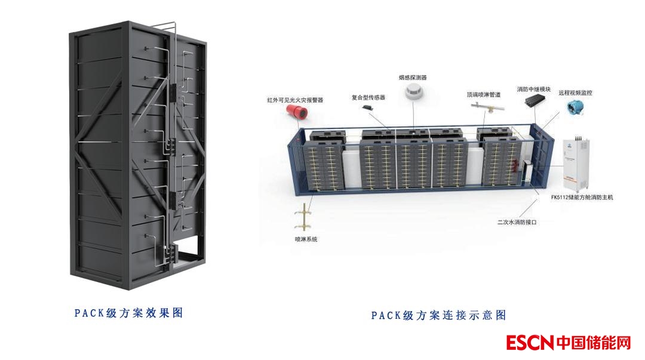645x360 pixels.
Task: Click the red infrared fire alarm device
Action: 294,113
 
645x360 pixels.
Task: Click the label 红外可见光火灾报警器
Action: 295,100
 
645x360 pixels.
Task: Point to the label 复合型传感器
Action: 368,97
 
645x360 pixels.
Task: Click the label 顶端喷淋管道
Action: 484,94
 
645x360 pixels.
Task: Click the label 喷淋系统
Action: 306,239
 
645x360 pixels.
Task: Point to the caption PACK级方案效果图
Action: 128,312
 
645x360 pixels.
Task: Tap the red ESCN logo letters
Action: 530,343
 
